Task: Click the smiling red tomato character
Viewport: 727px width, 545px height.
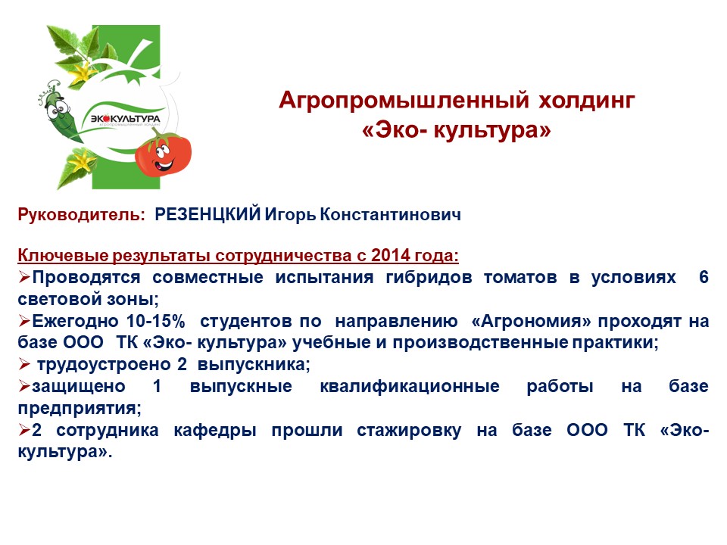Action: tap(164, 152)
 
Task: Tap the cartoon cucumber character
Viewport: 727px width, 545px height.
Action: tap(59, 111)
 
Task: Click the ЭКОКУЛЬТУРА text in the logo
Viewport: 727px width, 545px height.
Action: tap(126, 119)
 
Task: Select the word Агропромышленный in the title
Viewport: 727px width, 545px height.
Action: tap(404, 101)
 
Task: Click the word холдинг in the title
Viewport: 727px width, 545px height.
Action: tap(586, 101)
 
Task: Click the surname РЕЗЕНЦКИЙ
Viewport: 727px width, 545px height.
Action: tap(207, 214)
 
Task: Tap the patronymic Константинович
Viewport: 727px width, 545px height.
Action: tap(391, 214)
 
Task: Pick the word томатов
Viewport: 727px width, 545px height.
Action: tap(520, 278)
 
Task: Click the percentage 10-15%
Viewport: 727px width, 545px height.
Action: tap(156, 321)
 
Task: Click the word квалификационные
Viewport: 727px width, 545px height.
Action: tap(410, 387)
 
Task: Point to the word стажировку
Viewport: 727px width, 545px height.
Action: tap(409, 431)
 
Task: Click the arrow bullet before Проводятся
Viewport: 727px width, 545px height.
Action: tap(24, 277)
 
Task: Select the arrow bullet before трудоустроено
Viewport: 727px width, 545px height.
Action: tap(24, 364)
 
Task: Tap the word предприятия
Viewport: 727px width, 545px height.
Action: tap(80, 409)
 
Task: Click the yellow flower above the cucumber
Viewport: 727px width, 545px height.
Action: tap(83, 72)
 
